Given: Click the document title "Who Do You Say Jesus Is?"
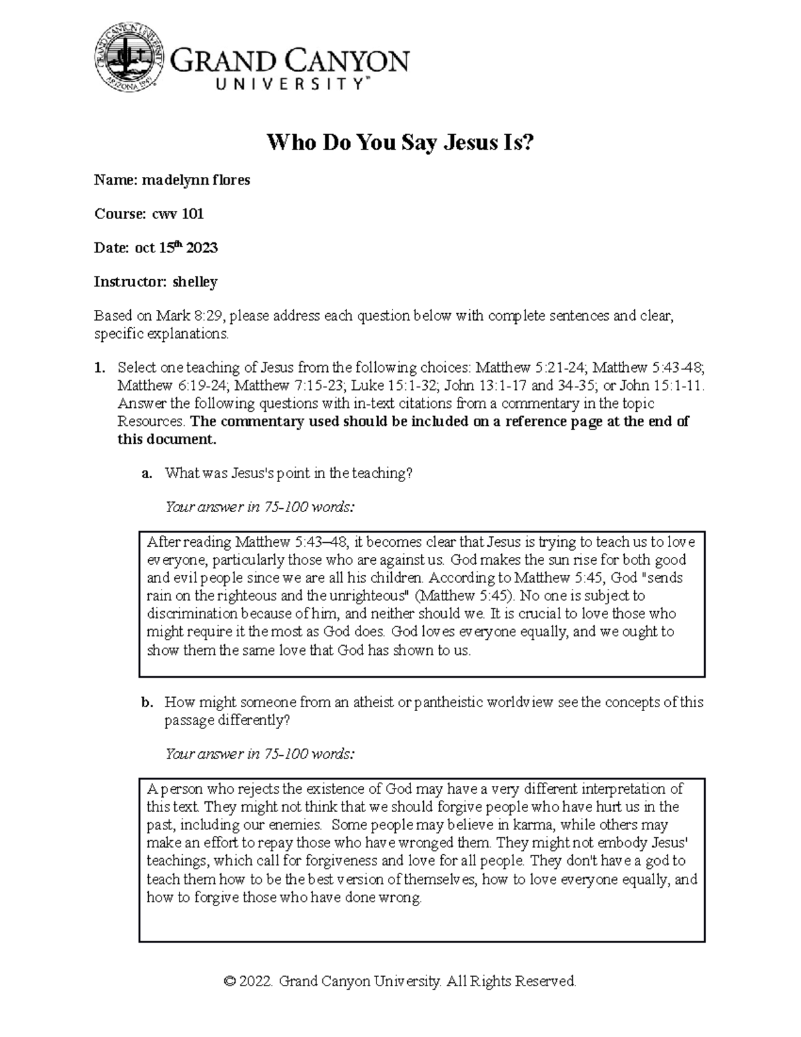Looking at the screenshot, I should [400, 142].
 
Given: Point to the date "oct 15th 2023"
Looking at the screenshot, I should [176, 248].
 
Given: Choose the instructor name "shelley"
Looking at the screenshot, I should [195, 282].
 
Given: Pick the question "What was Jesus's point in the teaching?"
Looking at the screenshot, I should [289, 473].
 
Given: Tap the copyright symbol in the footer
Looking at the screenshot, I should [230, 982].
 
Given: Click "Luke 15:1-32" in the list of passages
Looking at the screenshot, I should [394, 385].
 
